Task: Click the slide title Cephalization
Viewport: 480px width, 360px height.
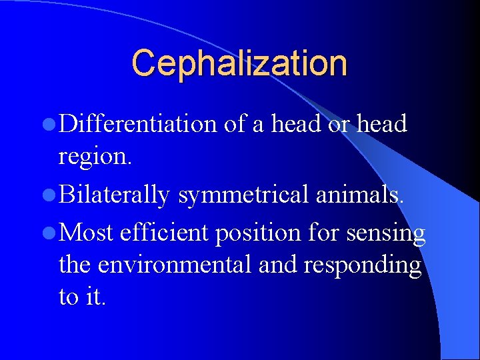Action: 239,63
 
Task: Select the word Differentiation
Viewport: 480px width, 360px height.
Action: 137,124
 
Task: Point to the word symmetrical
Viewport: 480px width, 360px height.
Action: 242,194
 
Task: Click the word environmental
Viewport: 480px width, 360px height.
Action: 175,265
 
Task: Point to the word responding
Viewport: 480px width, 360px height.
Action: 362,265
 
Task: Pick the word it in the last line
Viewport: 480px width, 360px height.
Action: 94,297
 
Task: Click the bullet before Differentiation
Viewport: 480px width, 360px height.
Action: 51,125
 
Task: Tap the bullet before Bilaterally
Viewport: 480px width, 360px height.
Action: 51,195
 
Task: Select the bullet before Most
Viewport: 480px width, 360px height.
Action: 51,233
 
